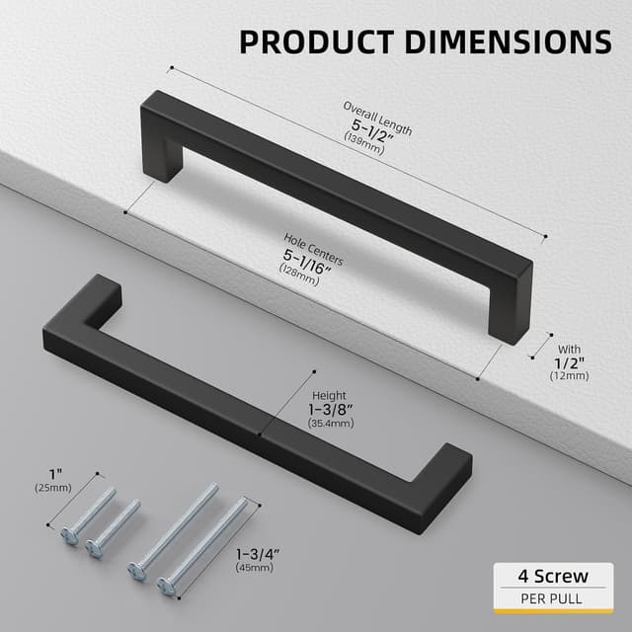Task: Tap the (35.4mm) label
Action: pyautogui.click(x=329, y=423)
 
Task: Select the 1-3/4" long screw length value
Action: pyautogui.click(x=258, y=554)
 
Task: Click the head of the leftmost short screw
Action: pyautogui.click(x=69, y=536)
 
